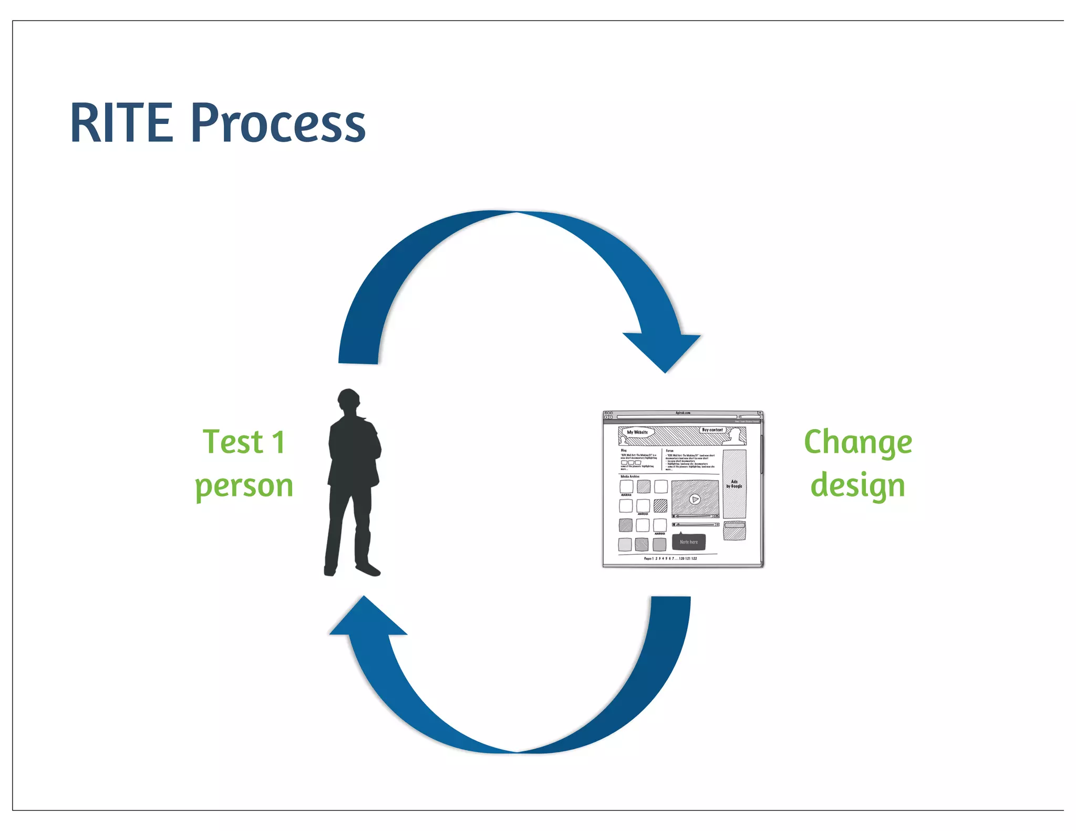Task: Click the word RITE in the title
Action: click(x=122, y=123)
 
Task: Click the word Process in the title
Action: click(x=278, y=124)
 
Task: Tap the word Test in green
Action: click(x=233, y=442)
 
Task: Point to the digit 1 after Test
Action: click(x=278, y=442)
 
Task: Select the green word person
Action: click(x=244, y=486)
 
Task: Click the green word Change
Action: click(x=857, y=442)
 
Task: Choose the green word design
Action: click(x=857, y=485)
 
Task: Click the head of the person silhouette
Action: click(x=348, y=402)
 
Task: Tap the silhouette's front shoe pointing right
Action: click(x=368, y=569)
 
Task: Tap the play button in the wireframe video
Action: click(x=695, y=499)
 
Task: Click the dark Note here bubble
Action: click(x=689, y=542)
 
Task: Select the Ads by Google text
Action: click(x=734, y=484)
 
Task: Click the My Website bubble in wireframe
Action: click(x=637, y=432)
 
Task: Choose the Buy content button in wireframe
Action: click(x=712, y=430)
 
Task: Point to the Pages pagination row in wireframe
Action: click(x=670, y=558)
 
